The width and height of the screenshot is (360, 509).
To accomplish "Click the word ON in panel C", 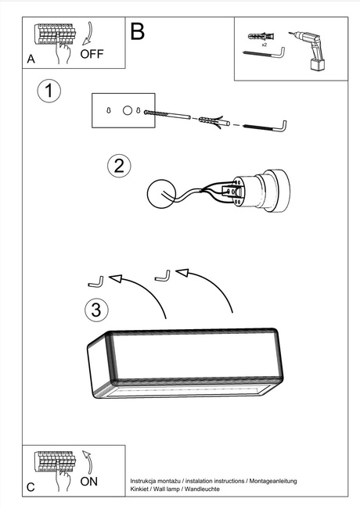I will pos(89,482).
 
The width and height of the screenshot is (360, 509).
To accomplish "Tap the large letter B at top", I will pos(138,32).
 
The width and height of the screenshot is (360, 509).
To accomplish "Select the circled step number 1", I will pos(49,91).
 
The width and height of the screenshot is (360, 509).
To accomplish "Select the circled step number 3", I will pos(95,310).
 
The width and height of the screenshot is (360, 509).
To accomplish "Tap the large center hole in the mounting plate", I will pos(128,110).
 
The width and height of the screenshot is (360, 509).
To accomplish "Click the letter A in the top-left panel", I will pos(31,59).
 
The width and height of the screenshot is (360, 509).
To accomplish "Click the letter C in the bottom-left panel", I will pos(31,487).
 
